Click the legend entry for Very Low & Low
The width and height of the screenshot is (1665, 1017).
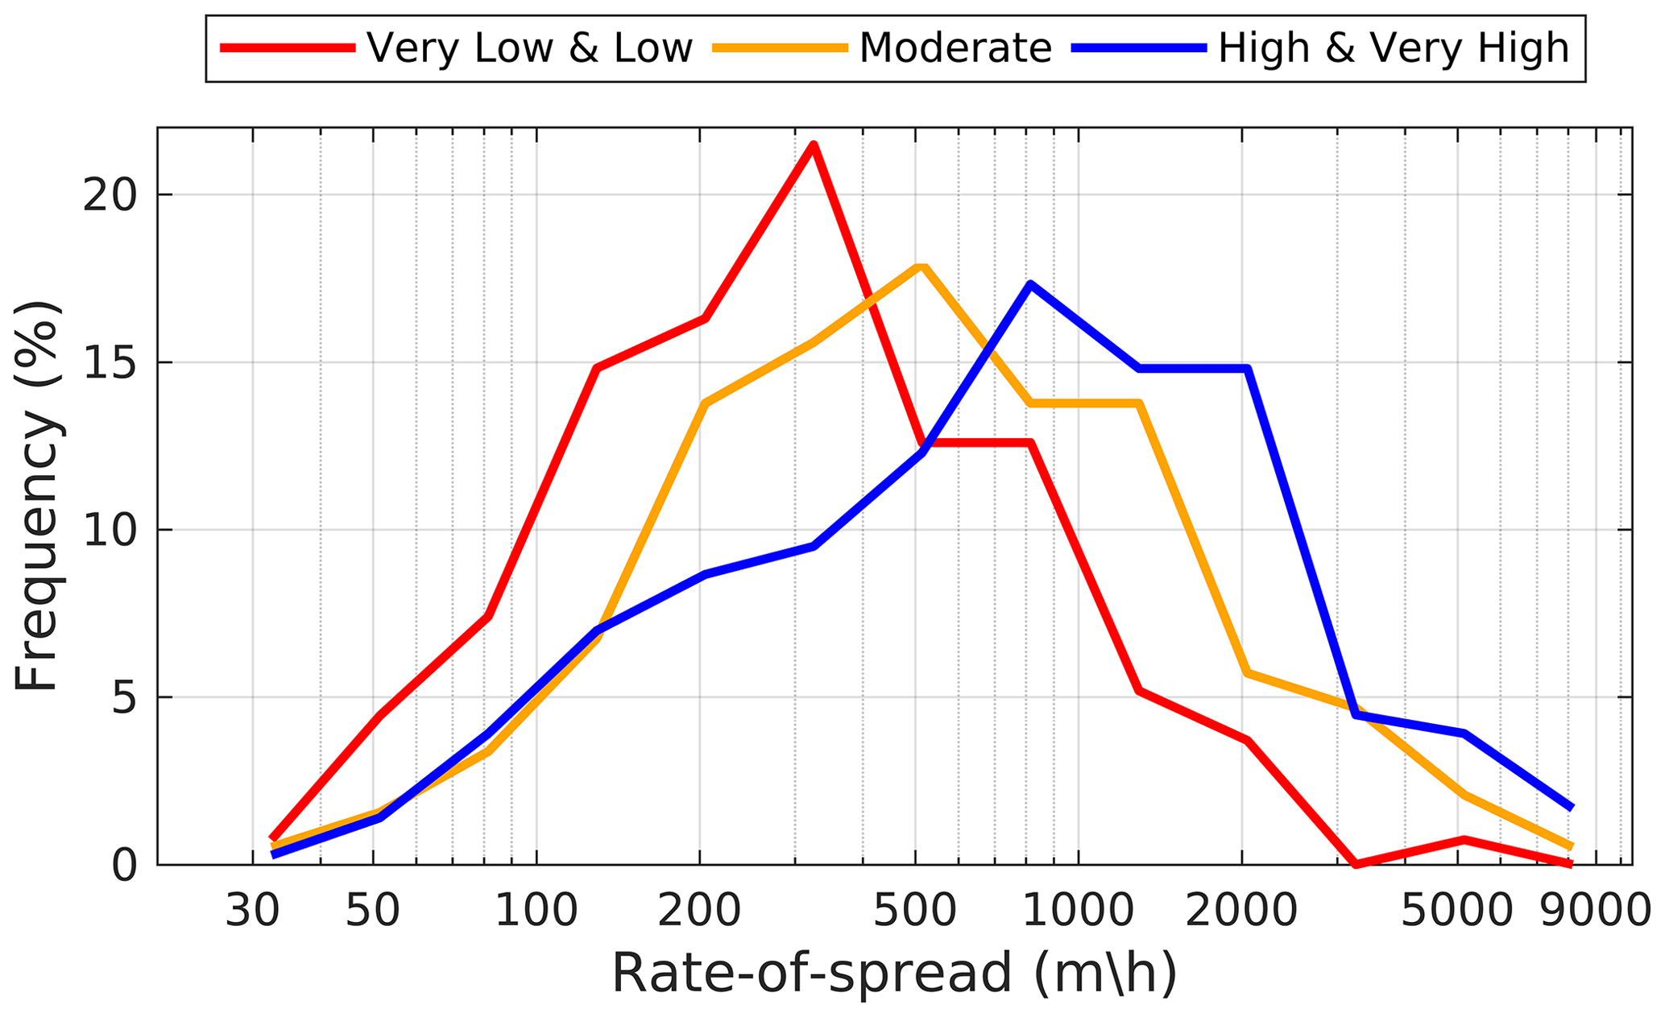click(529, 48)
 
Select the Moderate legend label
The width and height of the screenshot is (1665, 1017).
click(955, 48)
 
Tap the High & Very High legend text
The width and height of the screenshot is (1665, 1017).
click(1394, 48)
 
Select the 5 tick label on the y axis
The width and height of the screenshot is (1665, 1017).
click(122, 698)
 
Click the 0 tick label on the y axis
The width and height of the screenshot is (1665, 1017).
click(122, 866)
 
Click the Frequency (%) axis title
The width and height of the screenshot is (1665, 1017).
click(37, 495)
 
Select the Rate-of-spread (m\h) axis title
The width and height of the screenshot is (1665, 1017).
click(894, 974)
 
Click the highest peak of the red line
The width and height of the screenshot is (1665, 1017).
click(814, 145)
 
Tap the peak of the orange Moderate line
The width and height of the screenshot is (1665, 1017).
click(922, 267)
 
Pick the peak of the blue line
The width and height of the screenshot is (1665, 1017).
click(1030, 284)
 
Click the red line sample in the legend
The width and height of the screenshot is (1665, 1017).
click(288, 48)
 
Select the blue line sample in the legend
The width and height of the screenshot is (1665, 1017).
click(1139, 48)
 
